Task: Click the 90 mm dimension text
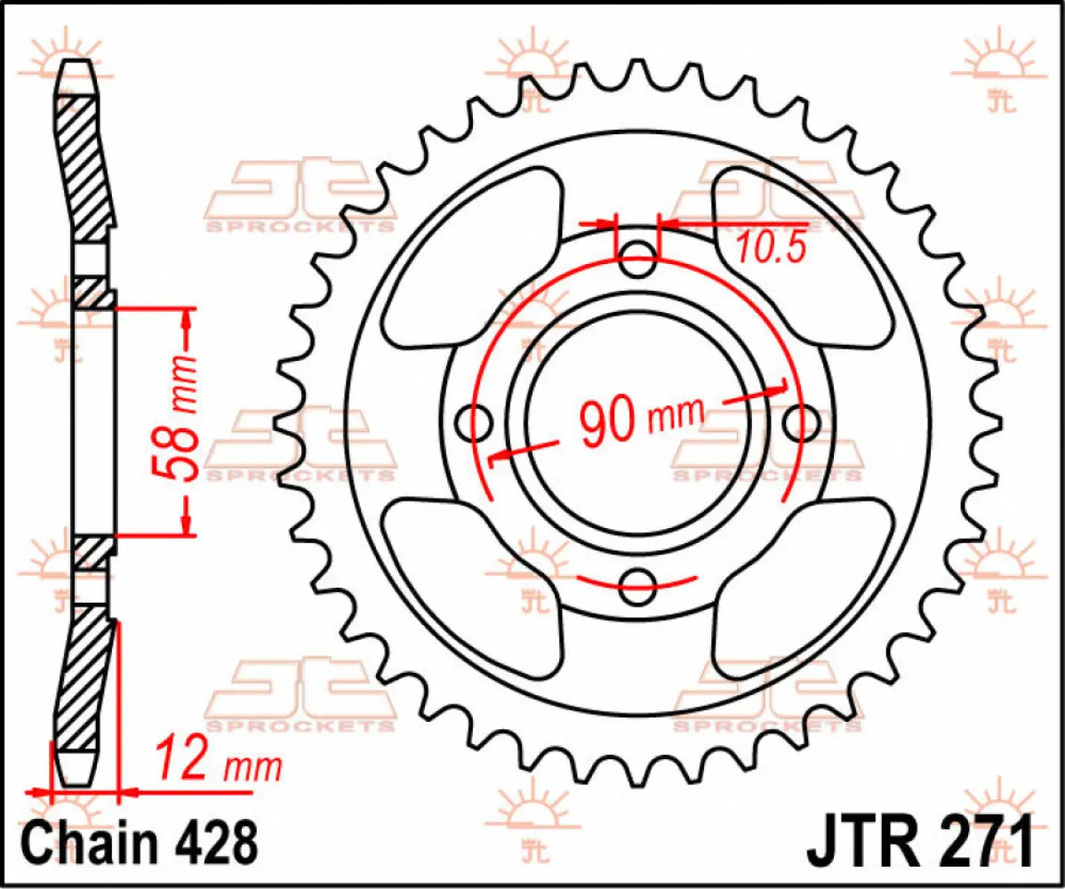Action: (640, 419)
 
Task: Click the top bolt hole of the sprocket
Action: (637, 263)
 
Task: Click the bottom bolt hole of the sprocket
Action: (637, 583)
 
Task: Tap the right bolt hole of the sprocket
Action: (799, 422)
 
